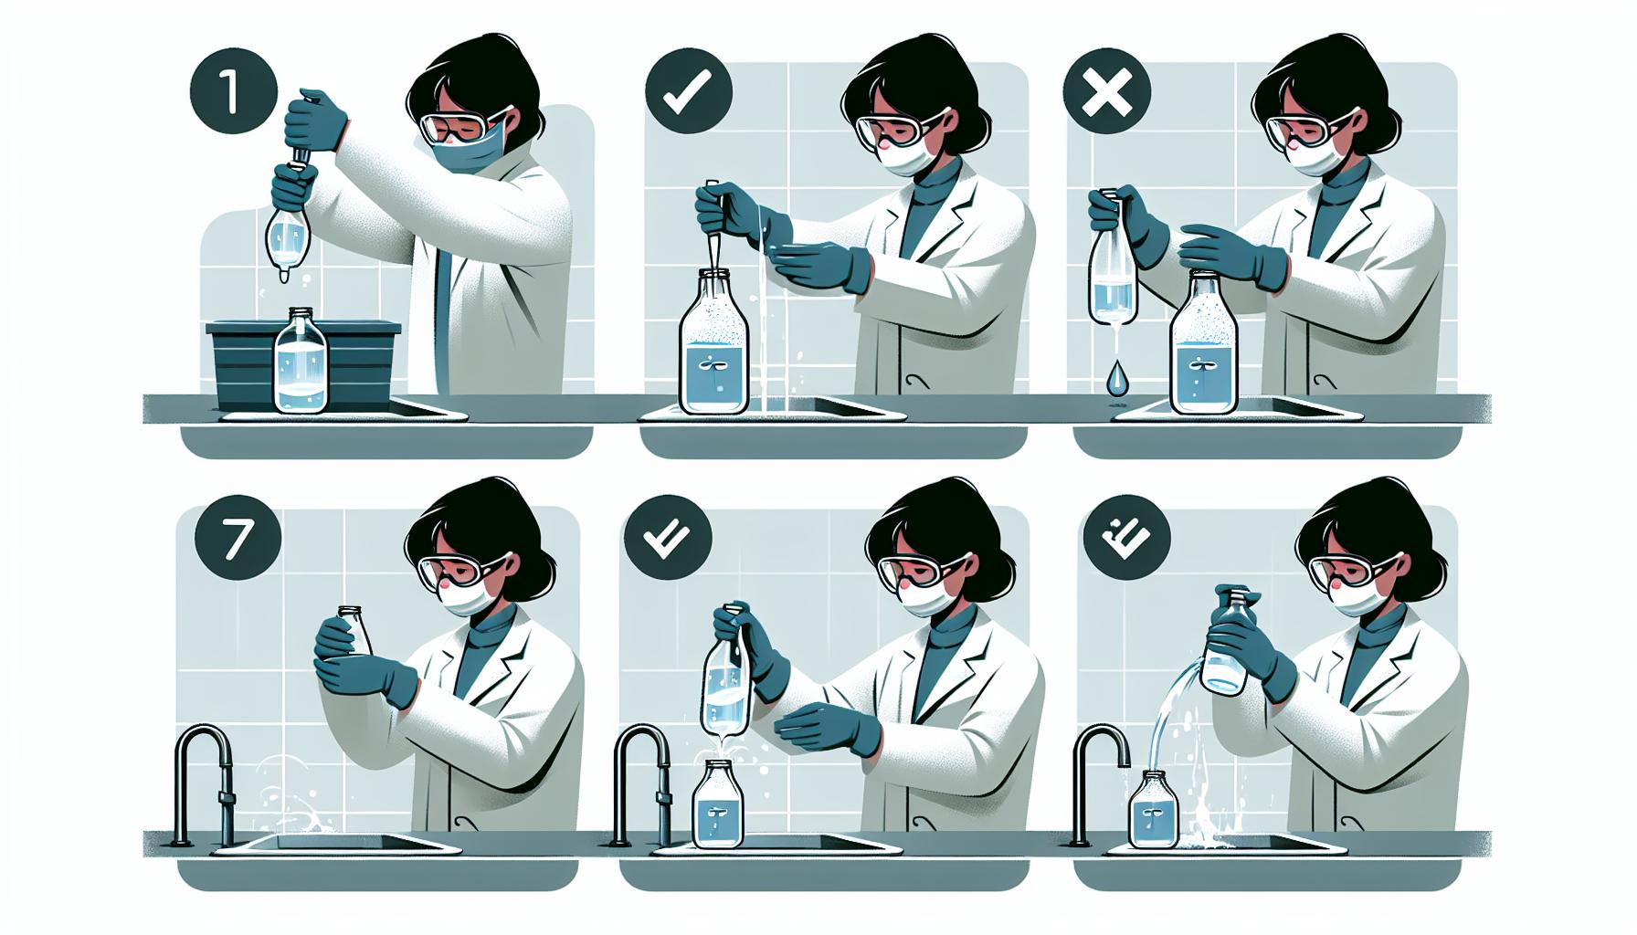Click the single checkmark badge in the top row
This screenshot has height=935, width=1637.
click(686, 94)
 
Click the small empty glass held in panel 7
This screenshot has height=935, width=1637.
click(356, 630)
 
